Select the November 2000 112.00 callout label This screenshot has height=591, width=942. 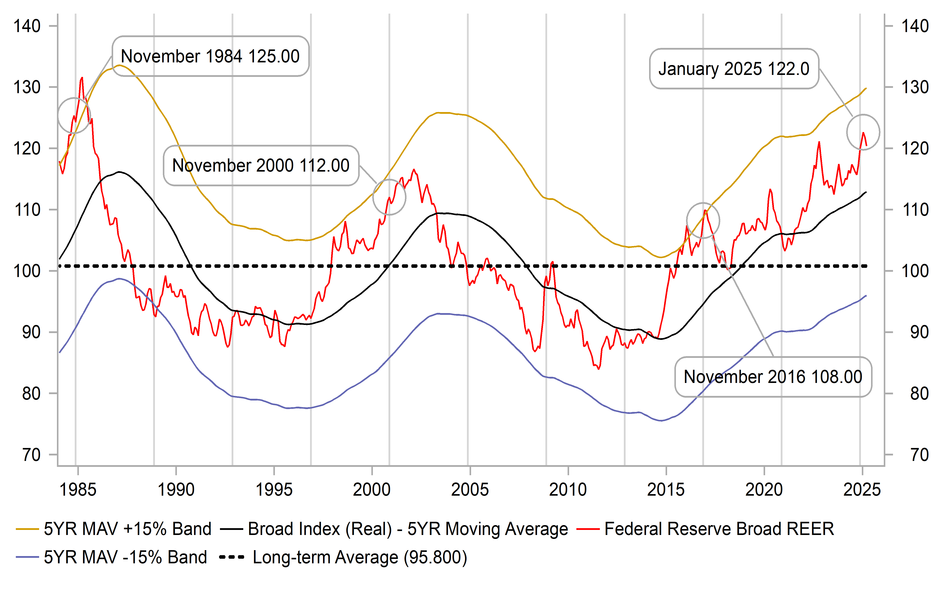(261, 165)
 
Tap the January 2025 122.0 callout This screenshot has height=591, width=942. (734, 69)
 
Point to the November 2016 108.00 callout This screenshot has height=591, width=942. (773, 377)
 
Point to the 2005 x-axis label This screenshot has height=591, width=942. (470, 489)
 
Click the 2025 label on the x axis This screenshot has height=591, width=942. (862, 489)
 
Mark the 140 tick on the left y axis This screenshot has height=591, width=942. (27, 26)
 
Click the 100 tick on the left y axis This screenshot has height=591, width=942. (27, 271)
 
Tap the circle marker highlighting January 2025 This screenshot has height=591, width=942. (863, 132)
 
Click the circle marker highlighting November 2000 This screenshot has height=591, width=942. (389, 197)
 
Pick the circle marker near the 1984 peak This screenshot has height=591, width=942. (74, 115)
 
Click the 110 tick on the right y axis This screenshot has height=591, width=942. (915, 210)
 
